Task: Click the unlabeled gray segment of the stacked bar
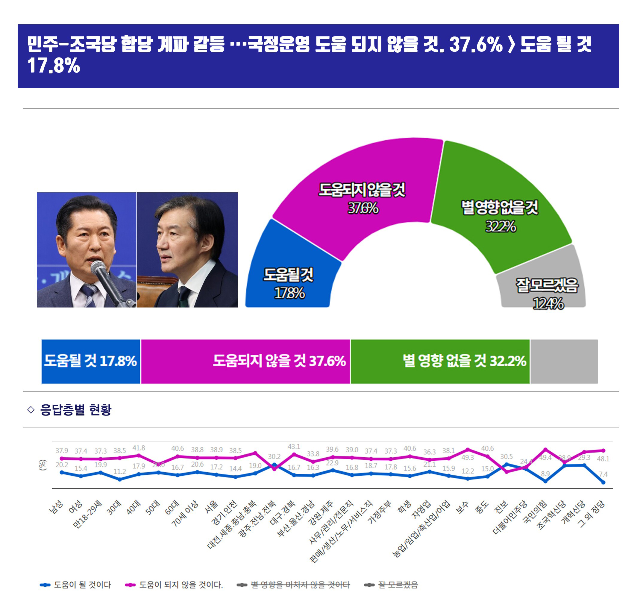[x=564, y=361]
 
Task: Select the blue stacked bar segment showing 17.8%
[x=90, y=361]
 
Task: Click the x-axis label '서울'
[x=211, y=507]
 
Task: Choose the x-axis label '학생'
[x=404, y=507]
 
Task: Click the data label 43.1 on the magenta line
[x=294, y=447]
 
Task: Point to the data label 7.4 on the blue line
[x=603, y=474]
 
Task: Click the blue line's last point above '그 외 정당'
[x=603, y=482]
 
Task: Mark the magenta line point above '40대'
[x=139, y=455]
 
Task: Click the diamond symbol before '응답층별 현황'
[x=31, y=410]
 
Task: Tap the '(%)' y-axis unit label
[x=43, y=465]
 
